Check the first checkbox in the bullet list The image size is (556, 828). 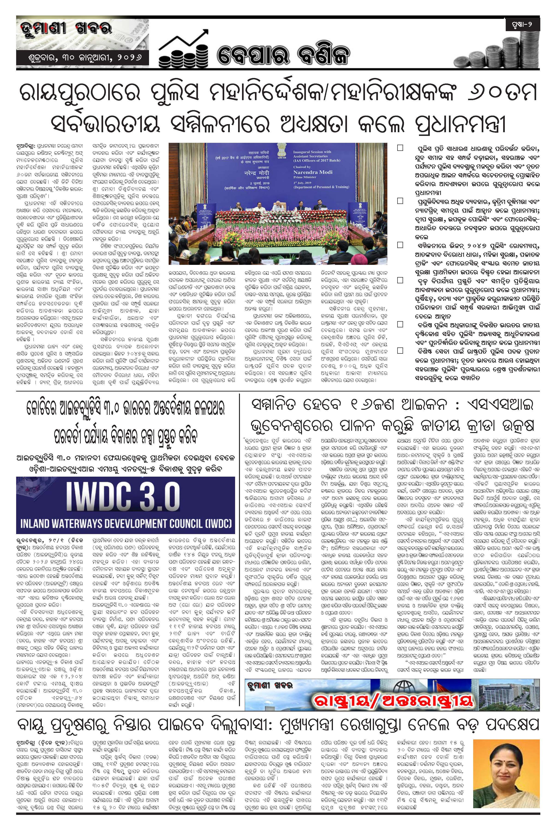click(x=400, y=147)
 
